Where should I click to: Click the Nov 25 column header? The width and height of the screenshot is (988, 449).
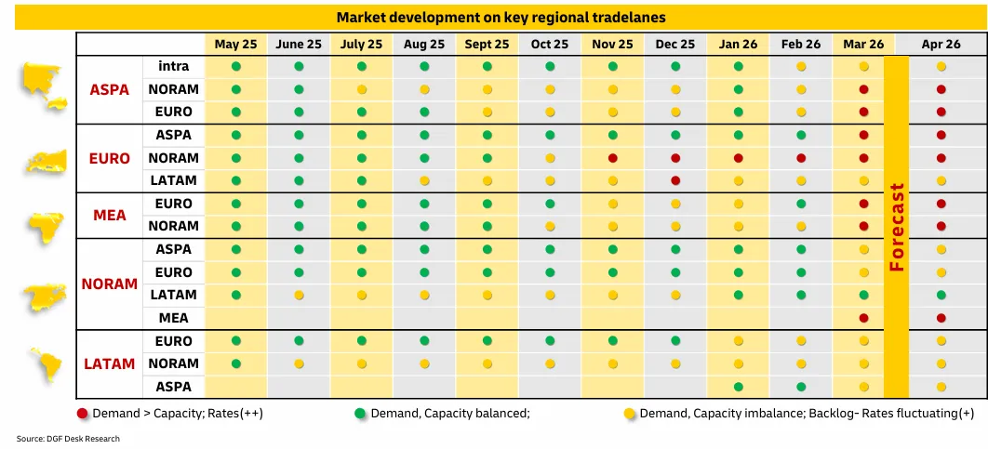[612, 44]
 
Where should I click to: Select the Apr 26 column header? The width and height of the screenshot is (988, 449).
[941, 44]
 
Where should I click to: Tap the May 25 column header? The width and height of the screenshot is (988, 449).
[235, 44]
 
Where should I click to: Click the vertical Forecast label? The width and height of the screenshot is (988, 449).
[897, 227]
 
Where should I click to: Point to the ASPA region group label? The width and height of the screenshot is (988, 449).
[109, 89]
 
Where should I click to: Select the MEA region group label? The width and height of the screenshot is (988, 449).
[109, 215]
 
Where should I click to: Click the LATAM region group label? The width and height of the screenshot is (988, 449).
[109, 363]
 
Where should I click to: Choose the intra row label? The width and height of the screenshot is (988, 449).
[174, 67]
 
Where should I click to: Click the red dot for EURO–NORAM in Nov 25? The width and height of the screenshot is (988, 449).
[613, 158]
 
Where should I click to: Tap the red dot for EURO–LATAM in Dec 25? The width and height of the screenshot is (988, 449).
[675, 180]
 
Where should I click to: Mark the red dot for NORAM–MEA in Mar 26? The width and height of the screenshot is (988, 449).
[864, 318]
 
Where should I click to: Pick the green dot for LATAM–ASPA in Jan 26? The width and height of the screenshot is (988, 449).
[739, 387]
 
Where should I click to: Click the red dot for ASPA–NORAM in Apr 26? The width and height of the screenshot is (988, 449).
[941, 89]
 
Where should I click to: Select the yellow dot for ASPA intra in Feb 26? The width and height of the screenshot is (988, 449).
[801, 67]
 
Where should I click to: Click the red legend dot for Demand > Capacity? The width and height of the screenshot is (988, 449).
[82, 413]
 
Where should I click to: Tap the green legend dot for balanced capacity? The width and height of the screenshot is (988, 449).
[359, 413]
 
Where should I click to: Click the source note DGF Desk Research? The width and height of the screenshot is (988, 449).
[68, 439]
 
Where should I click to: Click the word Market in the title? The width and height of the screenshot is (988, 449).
[362, 18]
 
